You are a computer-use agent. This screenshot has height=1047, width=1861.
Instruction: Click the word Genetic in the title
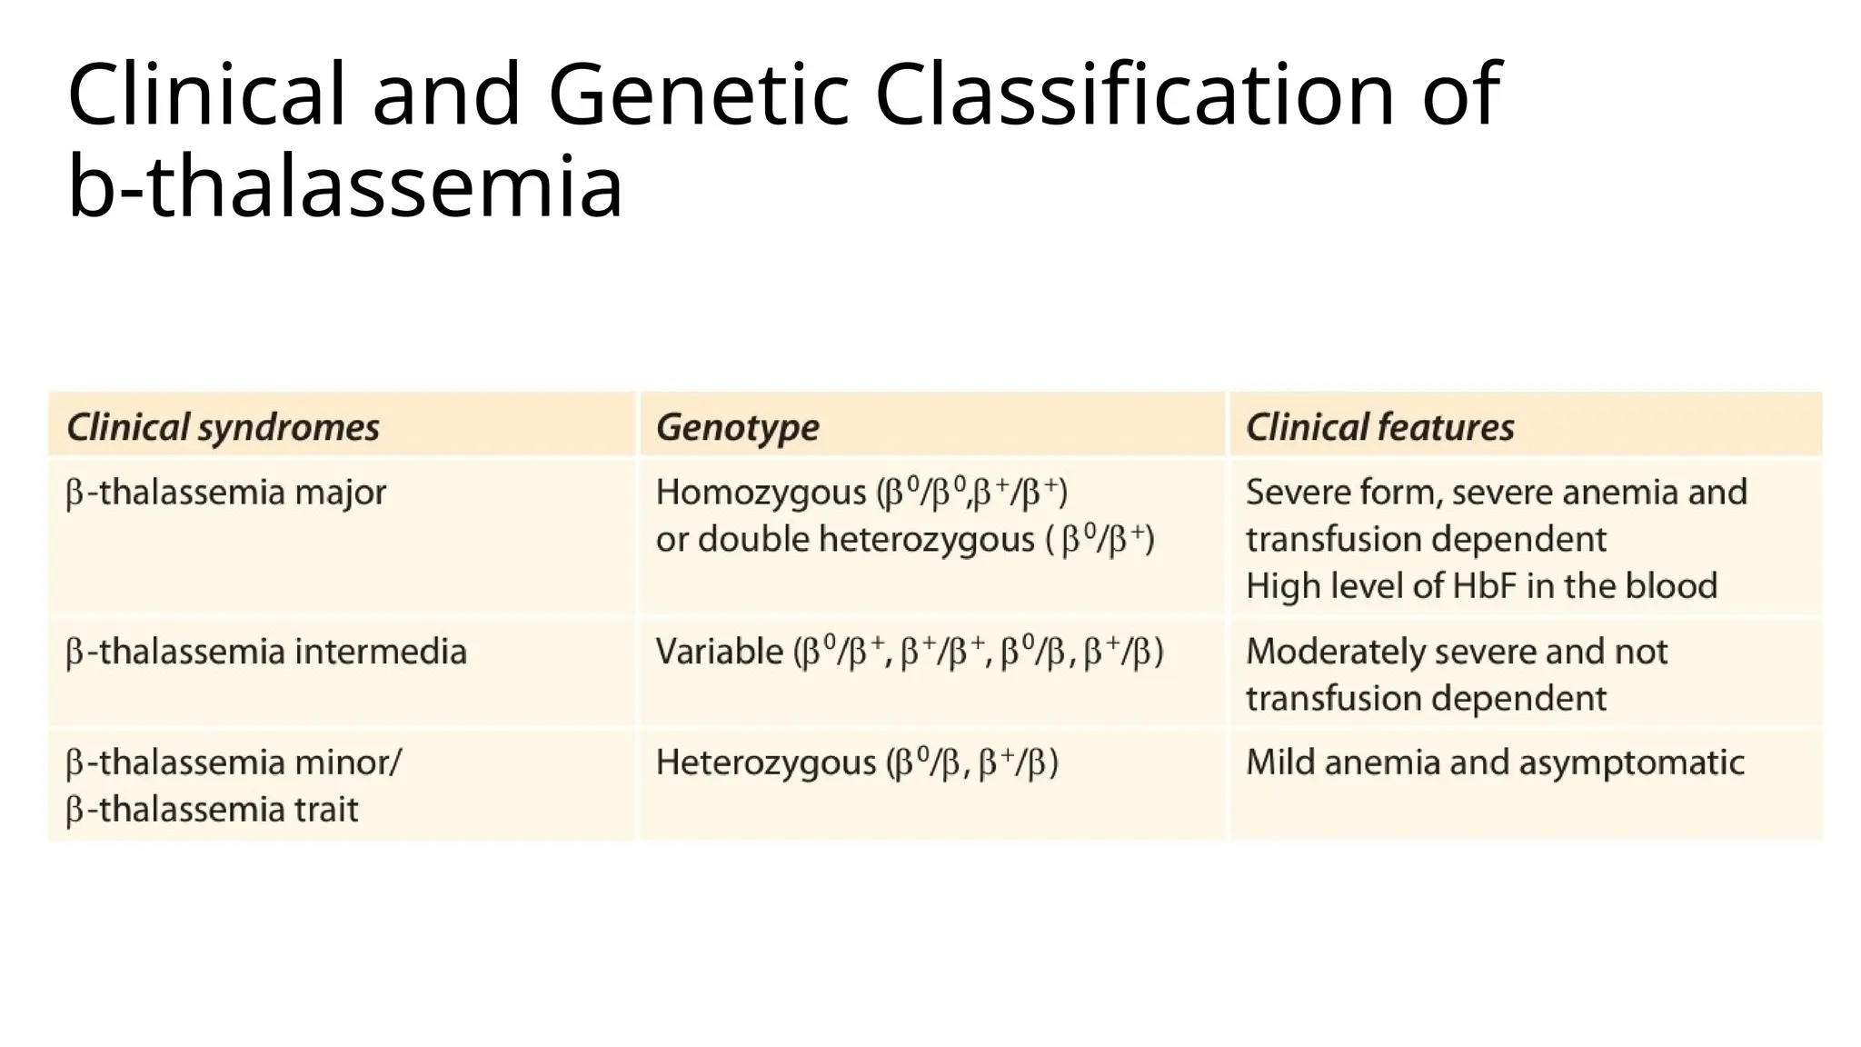(x=698, y=95)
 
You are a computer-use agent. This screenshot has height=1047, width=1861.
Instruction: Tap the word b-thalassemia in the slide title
(x=345, y=187)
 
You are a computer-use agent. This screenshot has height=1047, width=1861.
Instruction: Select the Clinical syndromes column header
(x=223, y=427)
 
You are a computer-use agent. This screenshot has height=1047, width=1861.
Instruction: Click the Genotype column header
(x=737, y=427)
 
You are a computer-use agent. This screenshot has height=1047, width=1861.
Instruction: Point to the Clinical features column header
(x=1379, y=427)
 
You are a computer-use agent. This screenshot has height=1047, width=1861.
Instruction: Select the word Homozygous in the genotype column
(x=761, y=494)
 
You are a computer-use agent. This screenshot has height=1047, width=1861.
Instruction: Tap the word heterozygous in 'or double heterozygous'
(x=926, y=541)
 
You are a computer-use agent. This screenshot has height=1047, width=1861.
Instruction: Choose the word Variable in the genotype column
(x=719, y=653)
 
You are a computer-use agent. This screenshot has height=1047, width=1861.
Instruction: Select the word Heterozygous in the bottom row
(x=765, y=763)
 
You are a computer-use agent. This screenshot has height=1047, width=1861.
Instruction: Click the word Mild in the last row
(x=1279, y=763)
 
